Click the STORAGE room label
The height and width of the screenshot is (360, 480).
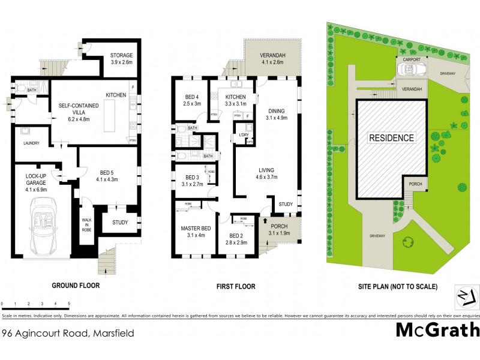coord(121,59)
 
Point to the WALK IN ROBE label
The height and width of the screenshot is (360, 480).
coord(86,226)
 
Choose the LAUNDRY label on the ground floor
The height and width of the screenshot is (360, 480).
coord(31,143)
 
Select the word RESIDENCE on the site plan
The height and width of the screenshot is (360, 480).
coord(391,137)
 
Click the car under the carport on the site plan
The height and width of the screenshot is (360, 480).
coord(410,70)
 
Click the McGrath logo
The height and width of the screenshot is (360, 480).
coord(437,330)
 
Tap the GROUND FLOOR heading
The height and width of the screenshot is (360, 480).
coord(75,286)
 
